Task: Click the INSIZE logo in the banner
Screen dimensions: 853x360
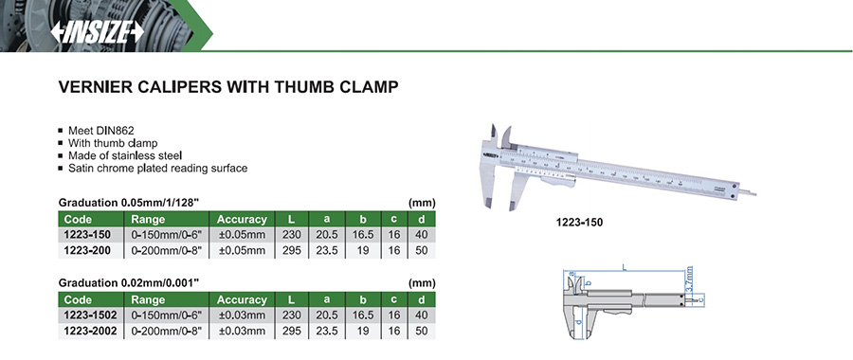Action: tap(98, 33)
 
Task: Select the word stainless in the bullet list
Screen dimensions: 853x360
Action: tap(134, 155)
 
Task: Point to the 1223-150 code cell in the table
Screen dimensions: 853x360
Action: tap(87, 235)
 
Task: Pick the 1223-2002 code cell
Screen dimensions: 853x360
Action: tap(90, 331)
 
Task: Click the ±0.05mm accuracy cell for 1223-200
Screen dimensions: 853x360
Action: tap(242, 251)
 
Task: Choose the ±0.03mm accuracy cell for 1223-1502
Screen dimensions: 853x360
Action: tap(242, 315)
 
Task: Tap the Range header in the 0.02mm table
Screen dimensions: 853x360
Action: tap(144, 299)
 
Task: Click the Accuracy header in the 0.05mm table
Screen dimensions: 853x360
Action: tap(242, 219)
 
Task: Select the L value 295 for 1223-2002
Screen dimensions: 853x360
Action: tap(292, 331)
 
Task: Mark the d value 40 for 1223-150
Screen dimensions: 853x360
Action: tap(421, 235)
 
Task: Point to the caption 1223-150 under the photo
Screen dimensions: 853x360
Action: tap(579, 223)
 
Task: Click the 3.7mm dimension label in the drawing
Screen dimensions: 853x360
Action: tap(689, 279)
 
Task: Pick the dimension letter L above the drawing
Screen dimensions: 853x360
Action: tap(624, 267)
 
